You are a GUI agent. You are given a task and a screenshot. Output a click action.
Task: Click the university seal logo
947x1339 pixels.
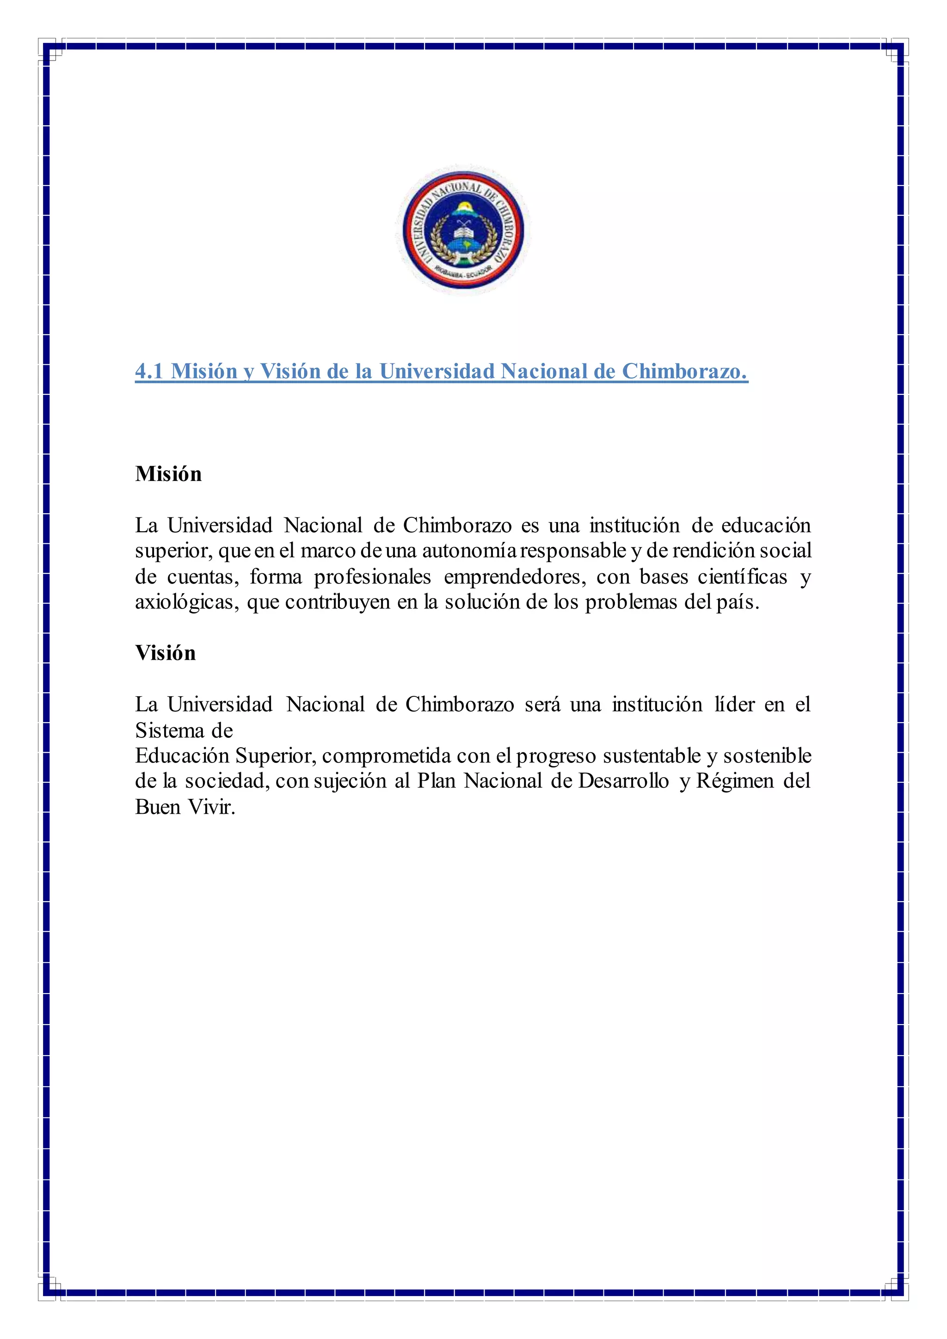pyautogui.click(x=463, y=230)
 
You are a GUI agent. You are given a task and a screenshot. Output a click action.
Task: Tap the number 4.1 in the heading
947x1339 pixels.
pyautogui.click(x=149, y=371)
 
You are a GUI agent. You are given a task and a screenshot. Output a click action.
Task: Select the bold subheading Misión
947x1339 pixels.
pyautogui.click(x=168, y=473)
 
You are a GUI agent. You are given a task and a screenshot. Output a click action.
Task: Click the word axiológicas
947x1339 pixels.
pyautogui.click(x=187, y=602)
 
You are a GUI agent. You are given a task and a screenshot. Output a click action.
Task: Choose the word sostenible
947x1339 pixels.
pyautogui.click(x=768, y=756)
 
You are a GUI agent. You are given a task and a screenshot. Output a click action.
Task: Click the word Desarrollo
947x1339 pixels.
pyautogui.click(x=623, y=781)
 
